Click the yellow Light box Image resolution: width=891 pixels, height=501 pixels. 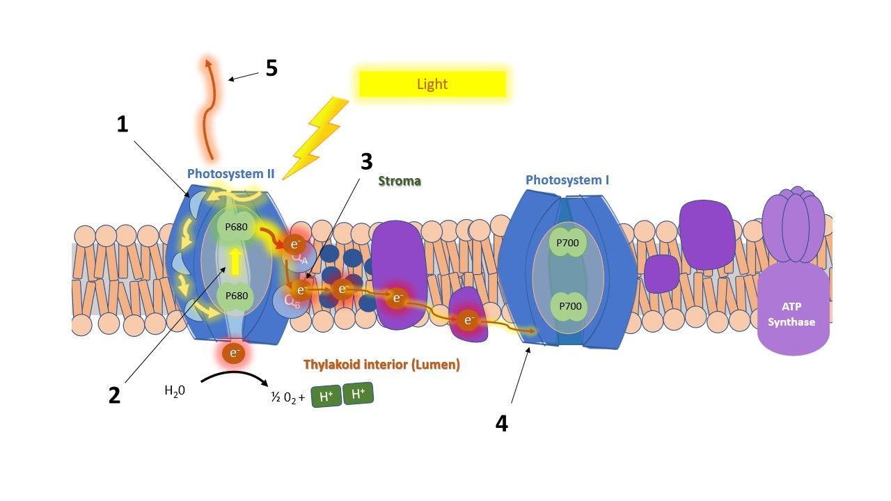pyautogui.click(x=432, y=84)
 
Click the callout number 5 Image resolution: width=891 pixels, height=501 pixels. pyautogui.click(x=271, y=68)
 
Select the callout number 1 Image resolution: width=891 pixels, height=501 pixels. pyautogui.click(x=123, y=124)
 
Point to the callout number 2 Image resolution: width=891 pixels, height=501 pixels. pyautogui.click(x=115, y=396)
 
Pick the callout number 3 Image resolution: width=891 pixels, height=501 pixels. pyautogui.click(x=367, y=161)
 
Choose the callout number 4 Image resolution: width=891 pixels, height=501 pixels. pyautogui.click(x=502, y=423)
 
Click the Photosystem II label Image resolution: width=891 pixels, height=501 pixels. pyautogui.click(x=230, y=174)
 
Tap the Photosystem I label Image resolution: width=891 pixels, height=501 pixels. pyautogui.click(x=567, y=180)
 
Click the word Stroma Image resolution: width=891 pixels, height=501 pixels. pyautogui.click(x=400, y=181)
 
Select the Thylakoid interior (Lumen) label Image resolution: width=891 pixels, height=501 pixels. pyautogui.click(x=381, y=364)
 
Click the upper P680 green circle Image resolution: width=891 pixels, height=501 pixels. pyautogui.click(x=236, y=227)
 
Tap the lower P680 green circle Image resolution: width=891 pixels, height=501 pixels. pyautogui.click(x=236, y=296)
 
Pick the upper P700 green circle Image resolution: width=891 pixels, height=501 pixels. pyautogui.click(x=567, y=243)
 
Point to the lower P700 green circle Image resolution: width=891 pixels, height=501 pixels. pyautogui.click(x=570, y=306)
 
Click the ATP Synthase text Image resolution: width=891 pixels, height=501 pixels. pyautogui.click(x=791, y=314)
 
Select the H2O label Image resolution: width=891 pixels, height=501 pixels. pyautogui.click(x=175, y=391)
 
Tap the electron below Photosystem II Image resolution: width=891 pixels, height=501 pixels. pyautogui.click(x=234, y=353)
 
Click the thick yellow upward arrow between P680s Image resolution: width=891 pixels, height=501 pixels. pyautogui.click(x=235, y=261)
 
